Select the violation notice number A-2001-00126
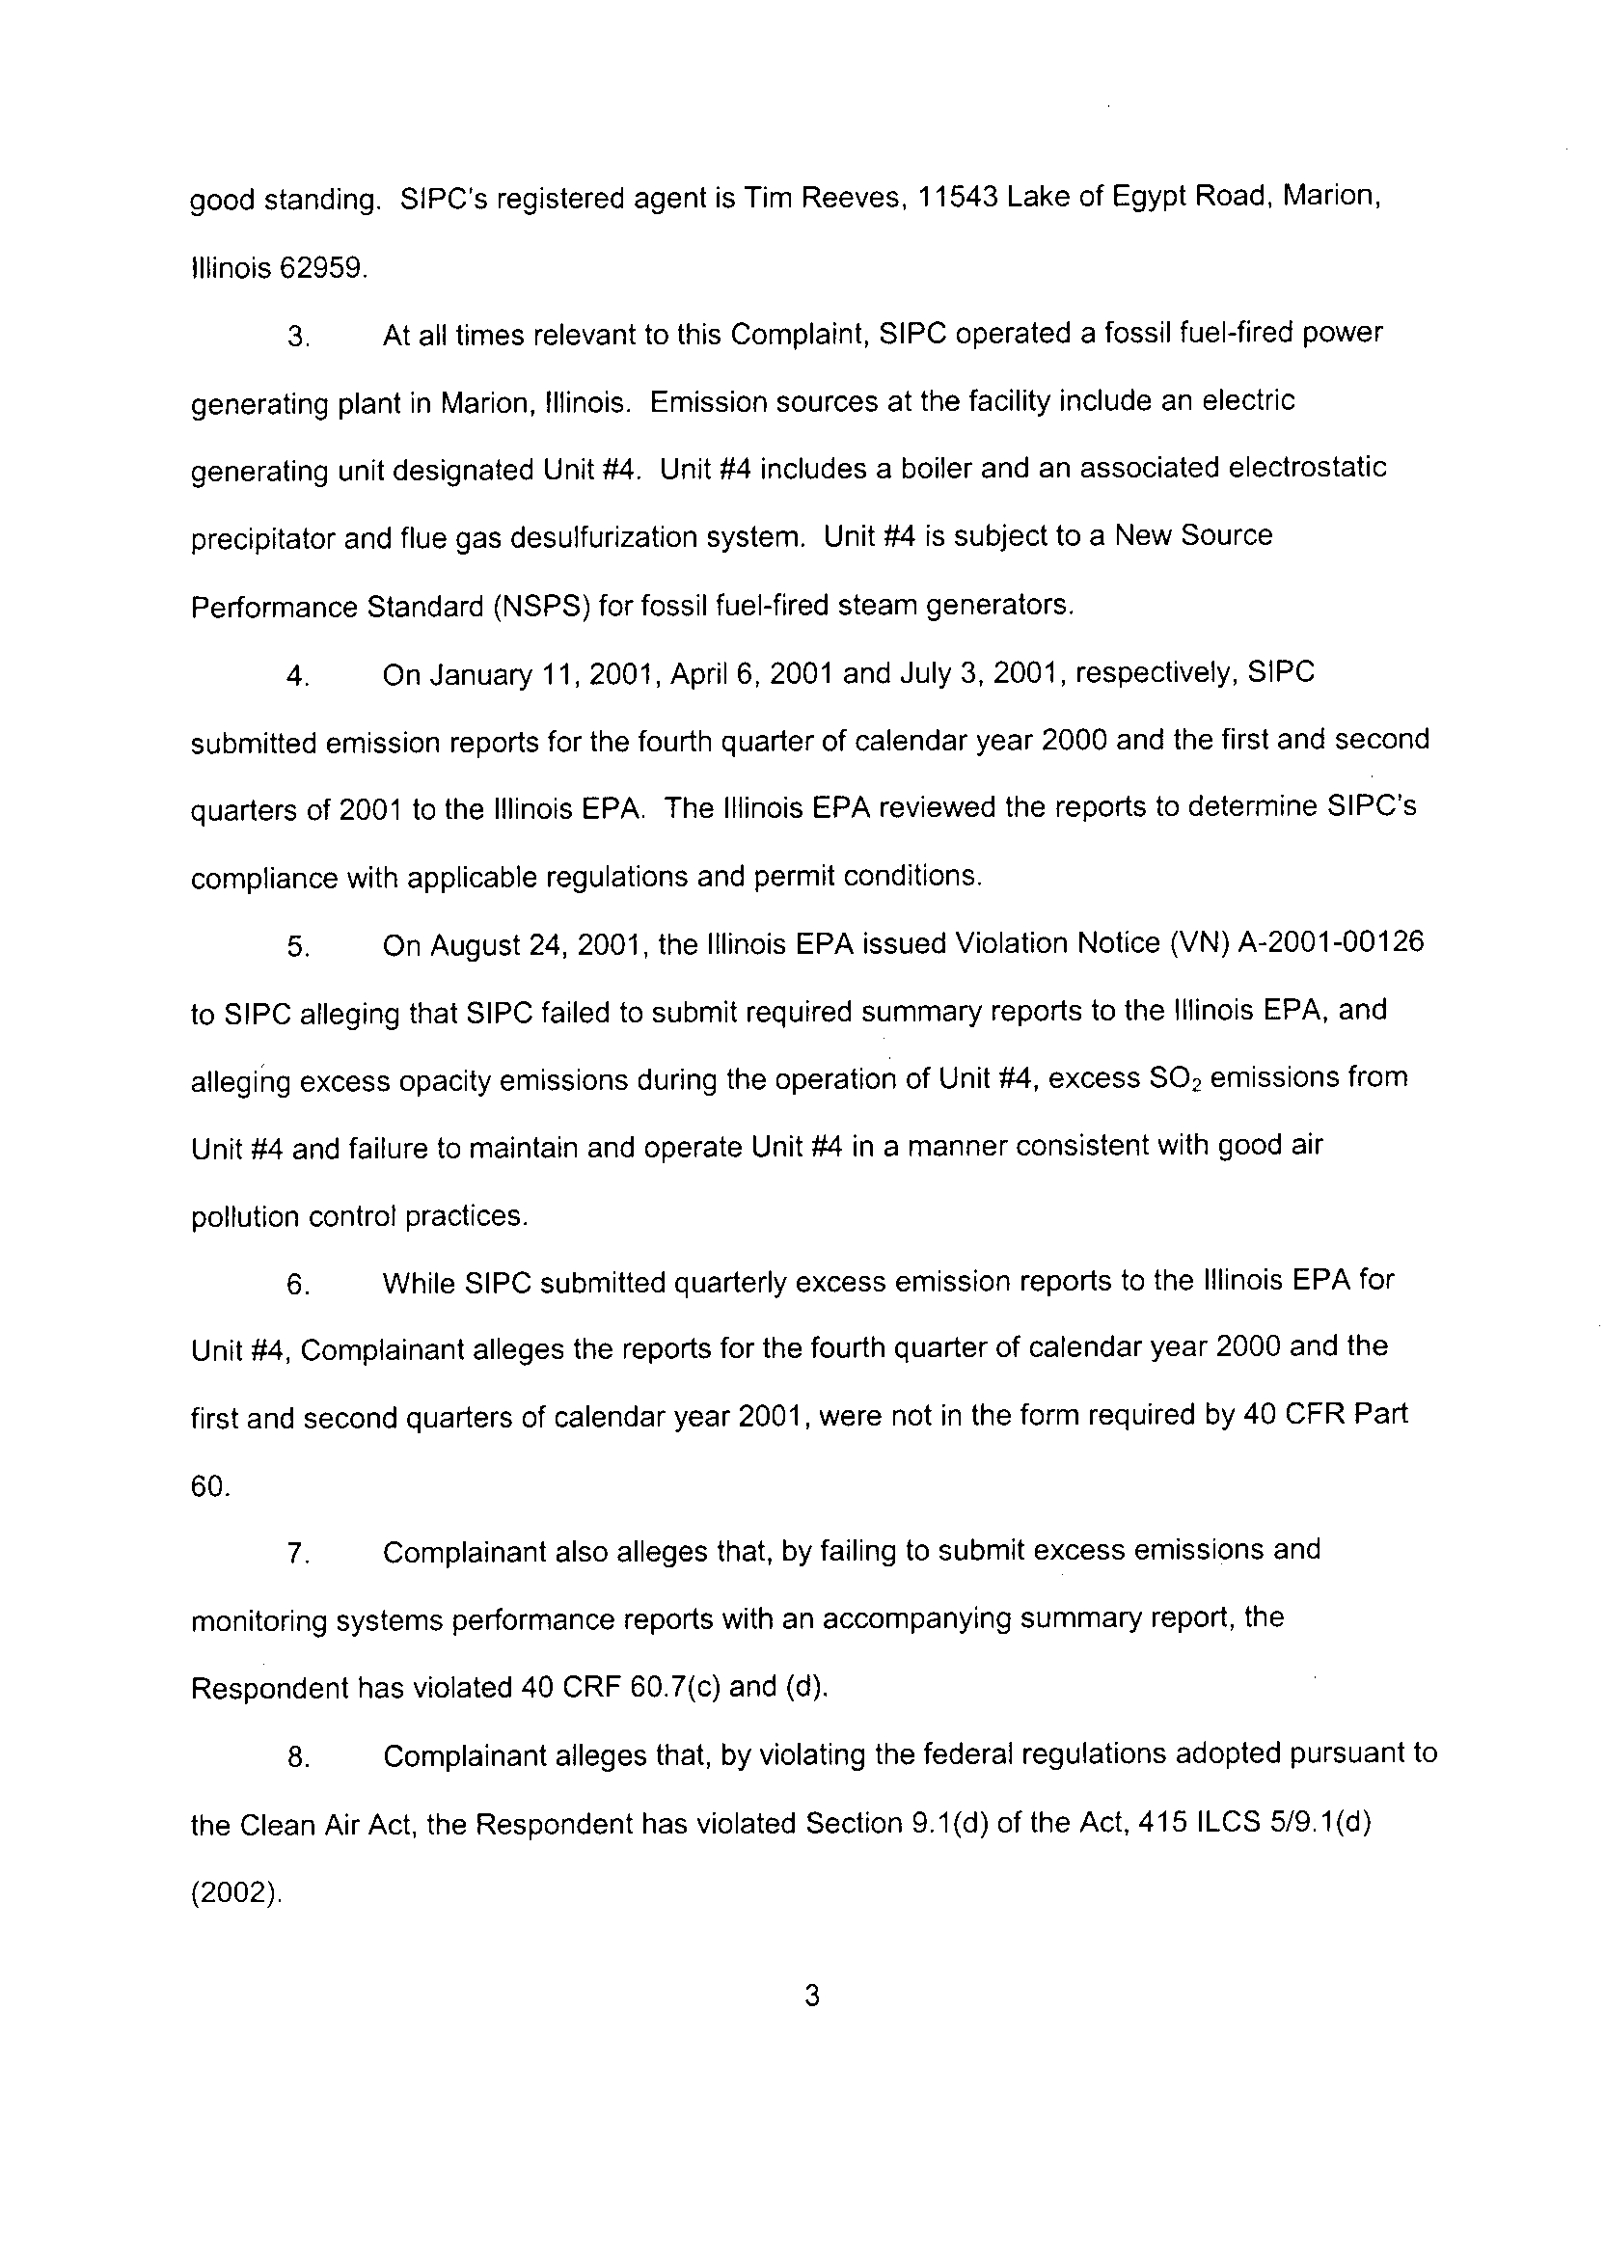pyautogui.click(x=1330, y=942)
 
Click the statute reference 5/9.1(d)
pyautogui.click(x=1307, y=1823)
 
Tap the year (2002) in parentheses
pyautogui.click(x=234, y=1892)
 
